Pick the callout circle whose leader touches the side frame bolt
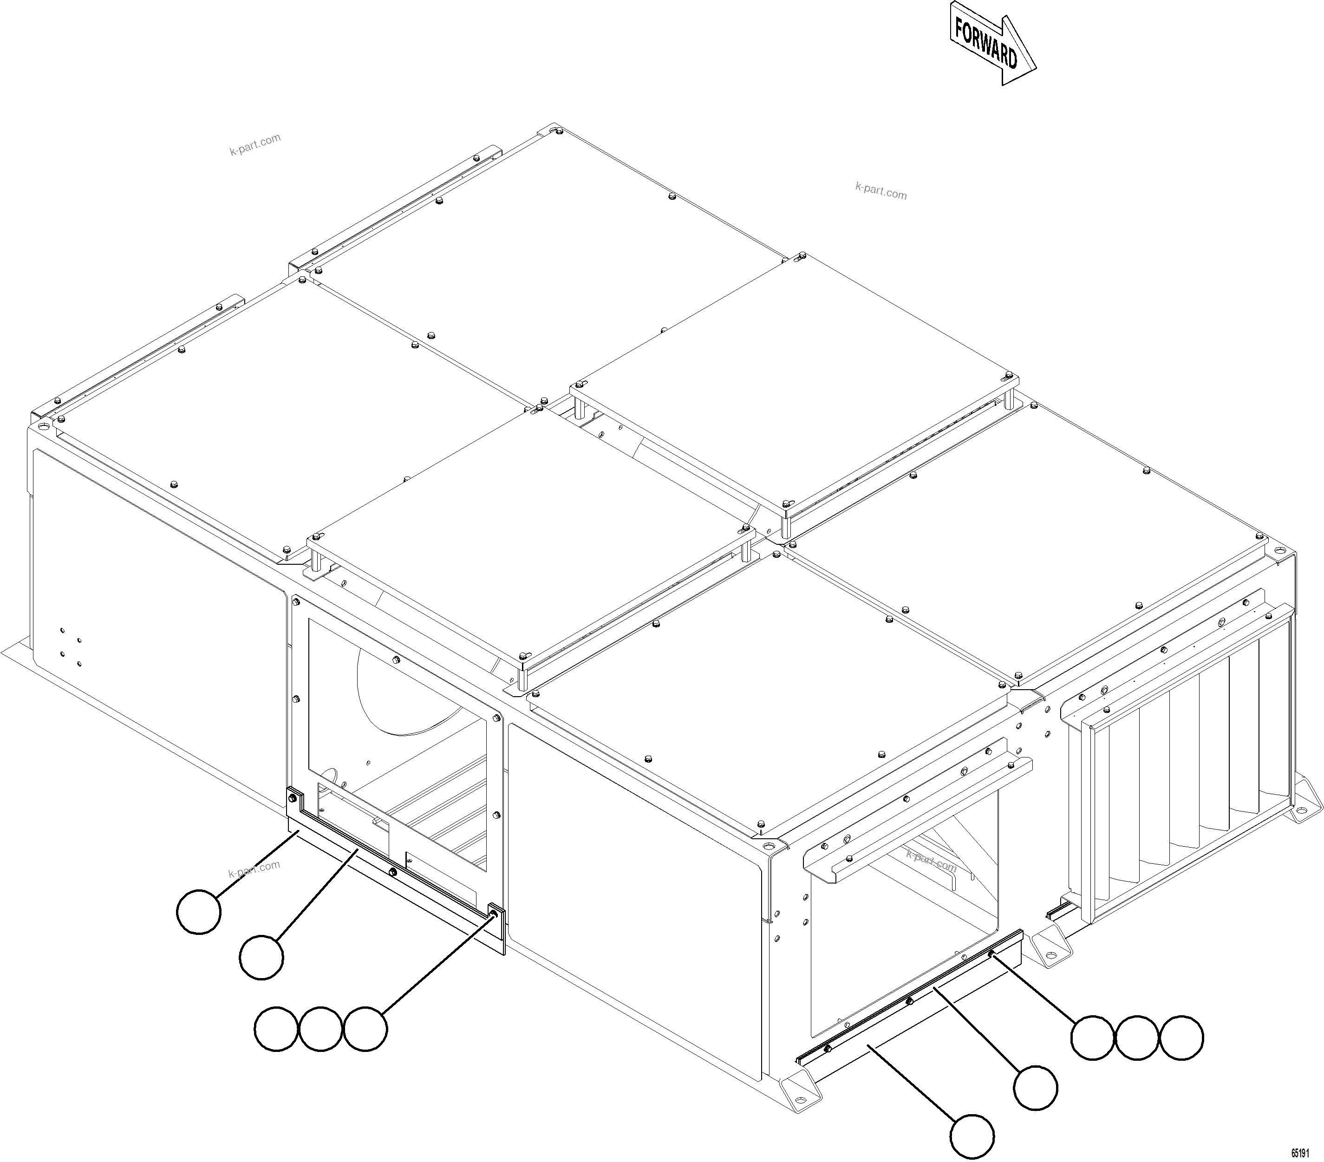click(x=365, y=1029)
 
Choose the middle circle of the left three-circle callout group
click(x=320, y=1029)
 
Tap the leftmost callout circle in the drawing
click(x=199, y=911)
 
